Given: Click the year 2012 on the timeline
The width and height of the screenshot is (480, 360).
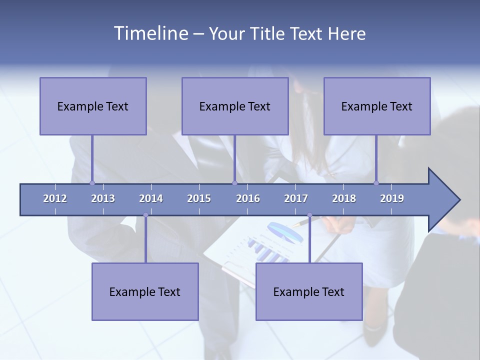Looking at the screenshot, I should (55, 198).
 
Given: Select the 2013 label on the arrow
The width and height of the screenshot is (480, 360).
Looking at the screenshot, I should (103, 198).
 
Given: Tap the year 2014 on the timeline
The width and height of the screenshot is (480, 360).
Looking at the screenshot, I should (151, 198).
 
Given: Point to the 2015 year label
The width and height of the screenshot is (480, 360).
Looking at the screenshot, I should (199, 198).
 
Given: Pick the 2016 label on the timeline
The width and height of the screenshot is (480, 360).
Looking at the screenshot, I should (248, 198).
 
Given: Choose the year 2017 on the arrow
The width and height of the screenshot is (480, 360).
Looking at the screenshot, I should (296, 198).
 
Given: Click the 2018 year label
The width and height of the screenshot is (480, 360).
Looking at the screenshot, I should (344, 198).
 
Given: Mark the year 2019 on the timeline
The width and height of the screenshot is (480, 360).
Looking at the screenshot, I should (392, 198).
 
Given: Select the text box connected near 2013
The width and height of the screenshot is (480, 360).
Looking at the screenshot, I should (93, 106).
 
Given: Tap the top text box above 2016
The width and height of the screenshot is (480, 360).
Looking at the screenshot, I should (235, 106).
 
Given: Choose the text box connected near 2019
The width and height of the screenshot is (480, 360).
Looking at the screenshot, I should (377, 106).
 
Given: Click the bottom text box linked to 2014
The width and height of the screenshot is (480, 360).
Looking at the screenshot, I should (145, 291).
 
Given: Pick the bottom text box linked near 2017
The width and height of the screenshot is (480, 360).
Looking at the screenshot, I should (309, 291).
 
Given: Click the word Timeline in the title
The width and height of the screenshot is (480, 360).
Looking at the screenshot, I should (150, 33).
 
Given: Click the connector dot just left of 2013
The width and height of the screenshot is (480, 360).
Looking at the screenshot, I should (92, 183).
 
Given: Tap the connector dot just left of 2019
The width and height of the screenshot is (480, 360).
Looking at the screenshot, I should (376, 183).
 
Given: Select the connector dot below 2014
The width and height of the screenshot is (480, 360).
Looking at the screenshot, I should (145, 215).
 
